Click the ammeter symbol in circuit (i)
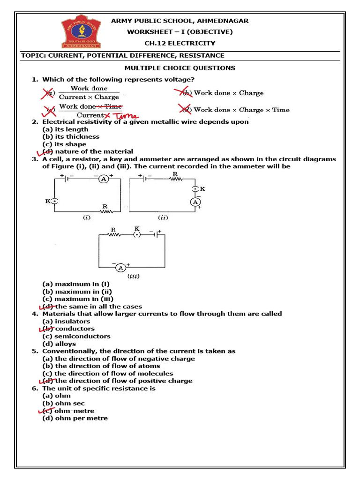click(104, 179)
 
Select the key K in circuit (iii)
click(136, 234)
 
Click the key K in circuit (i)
click(54, 201)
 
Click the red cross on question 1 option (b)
click(182, 92)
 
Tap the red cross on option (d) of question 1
click(186, 109)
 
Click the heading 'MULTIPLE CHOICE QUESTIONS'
click(180, 68)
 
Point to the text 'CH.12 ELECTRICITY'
click(180, 43)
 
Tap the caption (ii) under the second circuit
click(163, 217)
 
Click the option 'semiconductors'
click(82, 336)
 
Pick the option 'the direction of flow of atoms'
click(107, 366)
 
